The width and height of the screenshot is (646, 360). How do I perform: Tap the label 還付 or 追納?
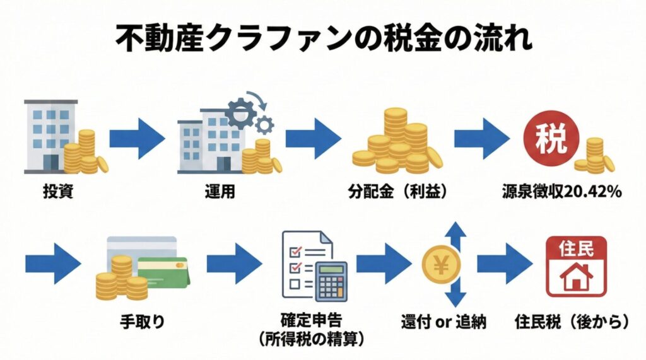444,322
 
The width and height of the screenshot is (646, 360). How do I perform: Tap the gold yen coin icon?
442,265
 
